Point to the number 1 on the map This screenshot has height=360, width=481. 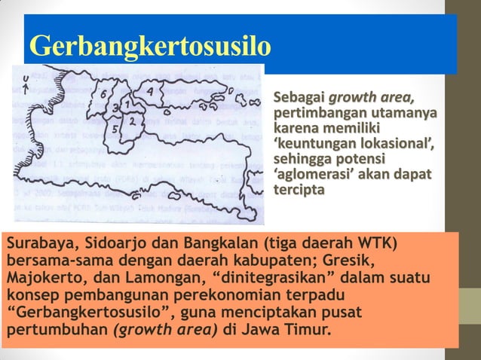[x=130, y=101]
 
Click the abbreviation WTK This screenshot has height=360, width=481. [x=372, y=245]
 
